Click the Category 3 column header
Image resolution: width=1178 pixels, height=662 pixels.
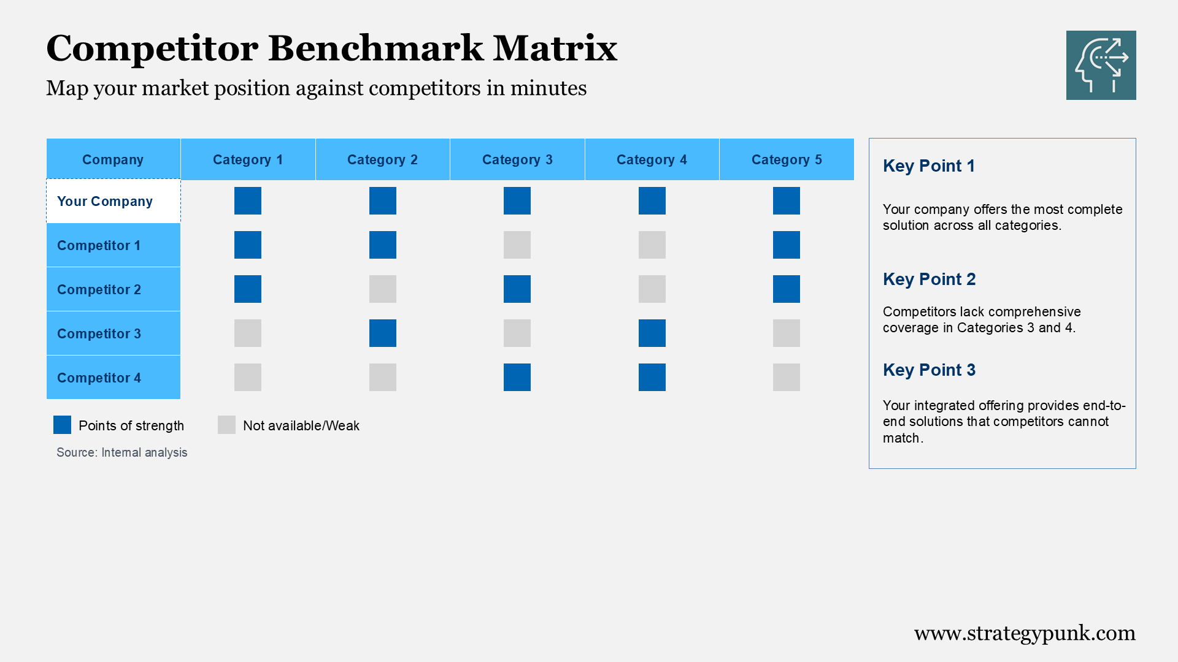pos(517,159)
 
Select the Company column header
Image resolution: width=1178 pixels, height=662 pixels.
pos(113,159)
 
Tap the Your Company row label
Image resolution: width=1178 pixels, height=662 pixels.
pos(105,201)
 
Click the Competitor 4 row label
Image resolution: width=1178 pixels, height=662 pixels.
pos(99,378)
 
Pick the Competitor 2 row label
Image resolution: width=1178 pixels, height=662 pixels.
pos(99,289)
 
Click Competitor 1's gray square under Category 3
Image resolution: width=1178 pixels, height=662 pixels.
pos(517,245)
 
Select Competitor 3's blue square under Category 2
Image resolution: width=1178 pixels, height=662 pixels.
pos(382,333)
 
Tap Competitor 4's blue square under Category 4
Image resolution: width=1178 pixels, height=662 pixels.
pos(652,377)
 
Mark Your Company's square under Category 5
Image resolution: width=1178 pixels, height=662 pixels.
pos(786,200)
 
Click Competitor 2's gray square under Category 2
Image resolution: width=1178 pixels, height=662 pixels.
pos(382,289)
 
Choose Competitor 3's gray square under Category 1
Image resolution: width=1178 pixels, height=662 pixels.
pos(248,333)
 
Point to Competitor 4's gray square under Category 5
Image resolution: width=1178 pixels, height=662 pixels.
pos(786,377)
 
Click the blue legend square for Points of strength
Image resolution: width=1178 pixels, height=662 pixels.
pos(62,425)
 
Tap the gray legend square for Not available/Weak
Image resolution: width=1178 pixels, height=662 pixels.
pos(226,425)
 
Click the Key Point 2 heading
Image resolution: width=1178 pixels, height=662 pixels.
pos(929,280)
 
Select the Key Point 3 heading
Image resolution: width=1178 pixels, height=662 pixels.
pos(929,370)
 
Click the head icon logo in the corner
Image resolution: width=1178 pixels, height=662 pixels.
pos(1101,65)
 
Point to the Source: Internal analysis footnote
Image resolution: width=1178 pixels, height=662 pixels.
pos(122,452)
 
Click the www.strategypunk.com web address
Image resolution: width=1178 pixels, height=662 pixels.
pos(1025,633)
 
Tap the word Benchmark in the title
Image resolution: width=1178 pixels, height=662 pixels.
pos(375,48)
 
